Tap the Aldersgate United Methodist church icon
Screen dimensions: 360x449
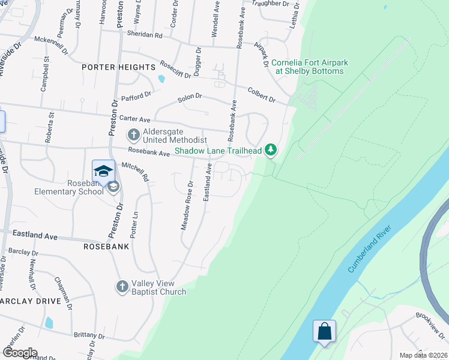coord(133,134)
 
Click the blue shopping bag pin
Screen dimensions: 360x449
coord(324,332)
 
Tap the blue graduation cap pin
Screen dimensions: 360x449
coord(103,170)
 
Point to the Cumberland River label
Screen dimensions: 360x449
coord(369,249)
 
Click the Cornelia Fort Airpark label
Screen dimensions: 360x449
coord(309,67)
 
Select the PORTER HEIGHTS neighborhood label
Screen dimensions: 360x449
coord(114,68)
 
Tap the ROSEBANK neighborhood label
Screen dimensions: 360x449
coord(106,247)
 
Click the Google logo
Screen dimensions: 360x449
coord(20,353)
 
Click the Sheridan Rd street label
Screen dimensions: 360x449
coord(141,35)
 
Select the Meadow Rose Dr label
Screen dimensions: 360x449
coord(187,205)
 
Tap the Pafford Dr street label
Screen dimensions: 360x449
coord(137,95)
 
